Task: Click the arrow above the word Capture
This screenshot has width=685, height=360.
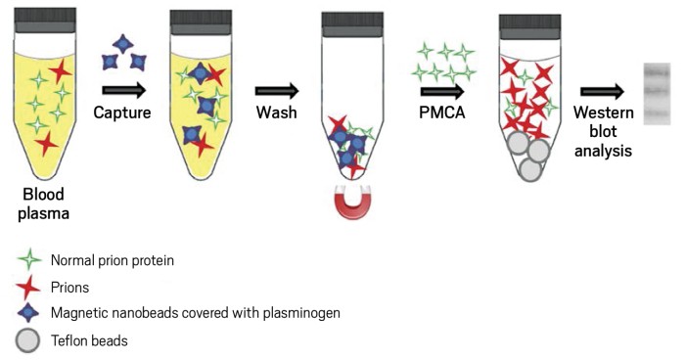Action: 122,91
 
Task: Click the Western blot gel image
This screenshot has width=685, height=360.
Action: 655,92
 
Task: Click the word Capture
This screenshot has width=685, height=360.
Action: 122,114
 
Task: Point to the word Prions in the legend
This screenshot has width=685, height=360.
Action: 71,287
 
